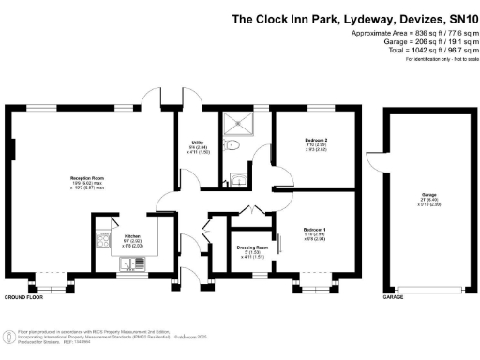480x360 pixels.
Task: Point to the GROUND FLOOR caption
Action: tap(24, 296)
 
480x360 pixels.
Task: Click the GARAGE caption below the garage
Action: tap(392, 296)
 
